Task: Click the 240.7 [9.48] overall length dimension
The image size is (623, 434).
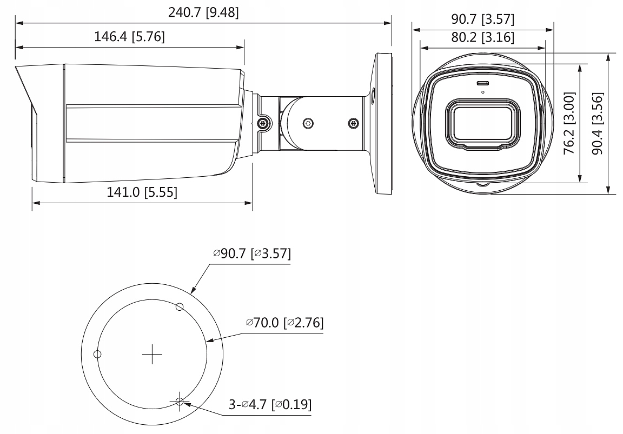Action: coord(203,12)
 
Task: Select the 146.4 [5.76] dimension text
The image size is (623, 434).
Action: coord(130,37)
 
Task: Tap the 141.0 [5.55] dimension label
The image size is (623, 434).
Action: coord(142,192)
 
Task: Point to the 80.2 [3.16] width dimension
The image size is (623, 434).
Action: coord(483,37)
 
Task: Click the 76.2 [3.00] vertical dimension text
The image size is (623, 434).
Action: coord(569,123)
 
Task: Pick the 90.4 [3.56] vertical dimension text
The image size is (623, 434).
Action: coord(597,123)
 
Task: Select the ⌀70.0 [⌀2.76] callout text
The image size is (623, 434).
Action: coord(285,323)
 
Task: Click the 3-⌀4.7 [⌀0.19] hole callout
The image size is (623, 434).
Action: coord(270,404)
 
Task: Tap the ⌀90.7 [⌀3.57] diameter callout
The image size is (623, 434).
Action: coord(253,253)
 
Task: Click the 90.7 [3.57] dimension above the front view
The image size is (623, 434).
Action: coord(483,19)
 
